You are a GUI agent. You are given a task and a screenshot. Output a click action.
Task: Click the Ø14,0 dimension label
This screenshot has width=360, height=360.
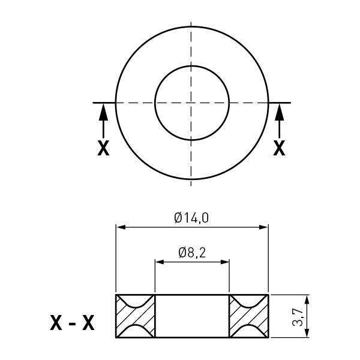click(191, 218)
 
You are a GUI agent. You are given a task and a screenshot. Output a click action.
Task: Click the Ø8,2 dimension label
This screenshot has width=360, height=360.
click(192, 253)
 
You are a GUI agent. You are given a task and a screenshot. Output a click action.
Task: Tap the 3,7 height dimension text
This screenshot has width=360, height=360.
click(298, 316)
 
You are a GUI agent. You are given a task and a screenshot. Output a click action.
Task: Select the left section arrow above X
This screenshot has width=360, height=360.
click(103, 121)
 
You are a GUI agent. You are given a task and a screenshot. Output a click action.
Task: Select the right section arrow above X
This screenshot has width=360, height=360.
click(279, 121)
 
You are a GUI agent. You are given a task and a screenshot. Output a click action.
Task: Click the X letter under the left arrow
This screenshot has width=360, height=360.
click(103, 148)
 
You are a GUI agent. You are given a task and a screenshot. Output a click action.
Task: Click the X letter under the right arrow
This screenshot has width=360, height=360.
click(279, 148)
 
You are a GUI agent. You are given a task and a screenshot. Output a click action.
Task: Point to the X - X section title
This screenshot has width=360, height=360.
click(72, 323)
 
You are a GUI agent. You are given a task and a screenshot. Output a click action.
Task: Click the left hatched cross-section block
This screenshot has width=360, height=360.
click(135, 316)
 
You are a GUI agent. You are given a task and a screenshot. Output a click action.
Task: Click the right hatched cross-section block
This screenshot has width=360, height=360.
click(249, 316)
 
